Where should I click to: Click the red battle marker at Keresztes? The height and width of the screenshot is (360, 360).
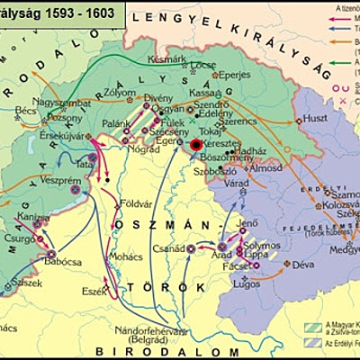[197, 144]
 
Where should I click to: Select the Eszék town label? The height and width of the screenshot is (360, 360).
[94, 291]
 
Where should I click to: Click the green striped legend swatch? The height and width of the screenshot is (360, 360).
[314, 327]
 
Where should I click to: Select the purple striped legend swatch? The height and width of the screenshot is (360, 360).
[314, 346]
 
